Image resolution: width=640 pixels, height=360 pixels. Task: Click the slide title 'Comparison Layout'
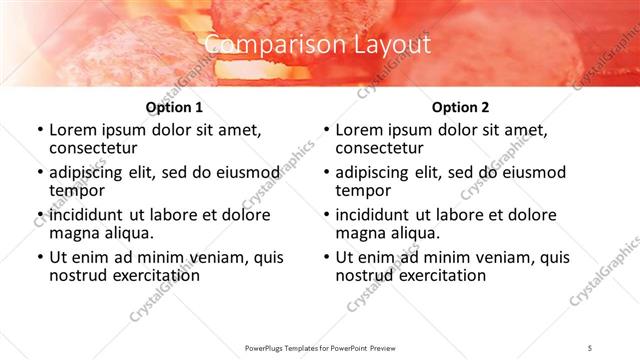click(318, 45)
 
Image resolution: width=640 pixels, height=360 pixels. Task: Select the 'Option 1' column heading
click(174, 107)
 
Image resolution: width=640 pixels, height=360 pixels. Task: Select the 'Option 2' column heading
click(460, 107)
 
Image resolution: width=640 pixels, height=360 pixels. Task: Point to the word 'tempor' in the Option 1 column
click(74, 190)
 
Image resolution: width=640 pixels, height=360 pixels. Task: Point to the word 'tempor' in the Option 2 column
click(360, 190)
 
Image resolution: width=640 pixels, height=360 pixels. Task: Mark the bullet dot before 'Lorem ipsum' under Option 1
click(39, 130)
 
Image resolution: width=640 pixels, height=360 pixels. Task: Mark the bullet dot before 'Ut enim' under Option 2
click(326, 257)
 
